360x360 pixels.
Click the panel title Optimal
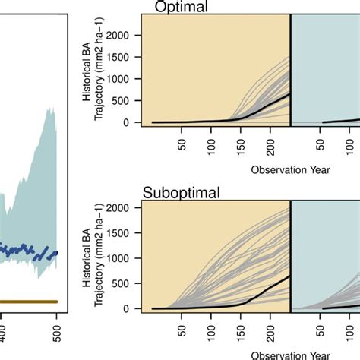180,7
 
